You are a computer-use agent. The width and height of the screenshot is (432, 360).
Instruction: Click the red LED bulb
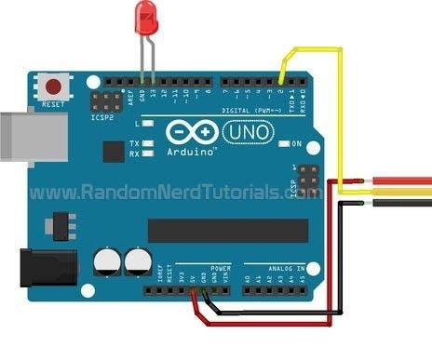pos(146,17)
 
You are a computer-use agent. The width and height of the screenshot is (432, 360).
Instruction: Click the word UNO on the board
pos(248,133)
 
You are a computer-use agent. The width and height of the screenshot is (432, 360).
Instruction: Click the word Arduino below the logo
pos(192,149)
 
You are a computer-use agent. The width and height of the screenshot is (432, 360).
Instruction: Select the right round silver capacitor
pos(140,260)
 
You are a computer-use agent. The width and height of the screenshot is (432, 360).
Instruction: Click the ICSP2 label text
pos(101,118)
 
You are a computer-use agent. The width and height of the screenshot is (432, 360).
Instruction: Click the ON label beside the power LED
pos(297,144)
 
